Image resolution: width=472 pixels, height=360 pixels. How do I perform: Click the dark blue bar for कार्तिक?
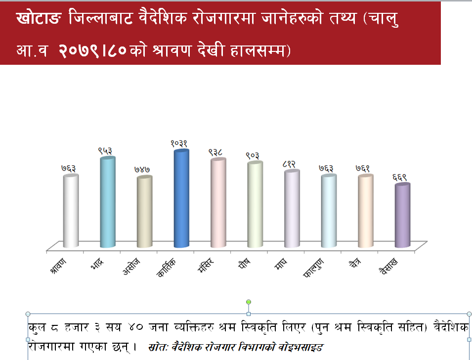pyautogui.click(x=181, y=198)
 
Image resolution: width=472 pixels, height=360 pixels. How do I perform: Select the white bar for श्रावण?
pyautogui.click(x=71, y=211)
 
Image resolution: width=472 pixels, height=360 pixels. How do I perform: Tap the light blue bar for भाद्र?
pyautogui.click(x=108, y=202)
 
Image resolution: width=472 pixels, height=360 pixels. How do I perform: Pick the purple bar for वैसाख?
pyautogui.click(x=402, y=216)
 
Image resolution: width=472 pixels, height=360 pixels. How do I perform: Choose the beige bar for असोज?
pyautogui.click(x=144, y=212)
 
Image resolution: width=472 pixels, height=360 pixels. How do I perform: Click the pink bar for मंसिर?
pyautogui.click(x=218, y=203)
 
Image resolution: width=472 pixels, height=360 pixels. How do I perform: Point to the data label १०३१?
pyautogui.click(x=179, y=143)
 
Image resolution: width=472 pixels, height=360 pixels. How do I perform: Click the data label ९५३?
pyautogui.click(x=105, y=151)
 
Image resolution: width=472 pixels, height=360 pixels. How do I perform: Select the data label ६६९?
pyautogui.click(x=399, y=177)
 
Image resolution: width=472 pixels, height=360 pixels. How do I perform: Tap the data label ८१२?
pyautogui.click(x=289, y=164)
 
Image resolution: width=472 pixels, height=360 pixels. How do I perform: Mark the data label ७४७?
pyautogui.click(x=142, y=170)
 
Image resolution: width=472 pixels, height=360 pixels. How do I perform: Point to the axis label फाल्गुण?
pyautogui.click(x=313, y=267)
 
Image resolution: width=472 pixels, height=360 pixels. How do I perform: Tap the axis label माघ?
pyautogui.click(x=281, y=264)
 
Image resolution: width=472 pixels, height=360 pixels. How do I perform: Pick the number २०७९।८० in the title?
pyautogui.click(x=92, y=50)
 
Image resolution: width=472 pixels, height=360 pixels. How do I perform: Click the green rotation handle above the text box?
pyautogui.click(x=248, y=302)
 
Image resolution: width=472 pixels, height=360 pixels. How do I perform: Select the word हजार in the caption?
pyautogui.click(x=77, y=327)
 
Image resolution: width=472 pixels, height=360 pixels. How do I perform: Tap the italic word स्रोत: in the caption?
pyautogui.click(x=158, y=347)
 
